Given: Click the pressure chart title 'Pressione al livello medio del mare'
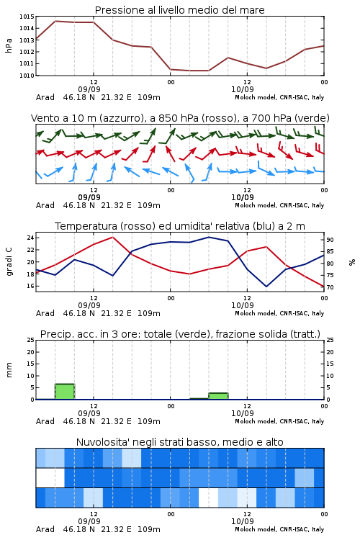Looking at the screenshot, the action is (x=179, y=10).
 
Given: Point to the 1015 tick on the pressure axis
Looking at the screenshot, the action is (x=27, y=16).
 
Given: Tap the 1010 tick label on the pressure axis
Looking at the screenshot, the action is (x=27, y=76).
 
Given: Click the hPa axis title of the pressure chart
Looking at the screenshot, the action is (x=9, y=45).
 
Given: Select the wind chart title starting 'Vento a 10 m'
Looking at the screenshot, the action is (x=180, y=118).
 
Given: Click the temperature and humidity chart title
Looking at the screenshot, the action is (x=180, y=226).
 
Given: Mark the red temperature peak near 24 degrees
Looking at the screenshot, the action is (x=112, y=237).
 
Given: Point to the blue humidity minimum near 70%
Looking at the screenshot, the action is (x=266, y=287).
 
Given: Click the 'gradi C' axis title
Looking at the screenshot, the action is (x=9, y=261).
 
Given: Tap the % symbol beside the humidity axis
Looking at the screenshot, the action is (x=352, y=262).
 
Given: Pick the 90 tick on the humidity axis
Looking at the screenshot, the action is (x=330, y=240).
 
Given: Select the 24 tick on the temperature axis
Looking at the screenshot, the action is (x=30, y=238).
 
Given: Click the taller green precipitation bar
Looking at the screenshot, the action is (x=65, y=392).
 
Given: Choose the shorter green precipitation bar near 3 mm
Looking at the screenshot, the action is (x=218, y=396).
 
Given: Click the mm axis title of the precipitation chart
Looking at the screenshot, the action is (x=9, y=369).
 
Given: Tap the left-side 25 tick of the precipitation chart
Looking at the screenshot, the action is (x=30, y=340).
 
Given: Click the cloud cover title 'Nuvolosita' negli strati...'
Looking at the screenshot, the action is (x=179, y=442).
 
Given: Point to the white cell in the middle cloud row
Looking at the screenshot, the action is (x=50, y=477).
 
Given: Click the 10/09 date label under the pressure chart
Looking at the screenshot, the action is (x=243, y=89).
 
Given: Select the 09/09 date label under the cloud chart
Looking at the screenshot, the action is (x=89, y=521).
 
